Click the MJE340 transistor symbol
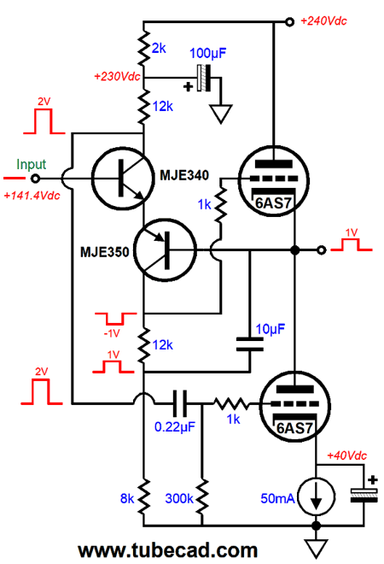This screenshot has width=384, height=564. point(123,178)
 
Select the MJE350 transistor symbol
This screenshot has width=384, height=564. point(166,250)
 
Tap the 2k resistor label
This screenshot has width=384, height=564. point(159,48)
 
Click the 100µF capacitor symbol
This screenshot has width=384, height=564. point(204,78)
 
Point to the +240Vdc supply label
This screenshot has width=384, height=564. point(323,21)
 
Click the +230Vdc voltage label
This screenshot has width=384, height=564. point(117,77)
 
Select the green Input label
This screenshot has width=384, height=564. point(32,164)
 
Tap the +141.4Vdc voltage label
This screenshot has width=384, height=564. point(32,196)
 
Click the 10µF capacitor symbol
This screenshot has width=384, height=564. point(250,344)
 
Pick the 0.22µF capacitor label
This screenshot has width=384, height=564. point(175,427)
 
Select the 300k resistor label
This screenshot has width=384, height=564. point(179,498)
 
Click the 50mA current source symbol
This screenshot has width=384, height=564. point(317,496)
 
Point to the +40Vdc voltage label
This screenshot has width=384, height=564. point(346,455)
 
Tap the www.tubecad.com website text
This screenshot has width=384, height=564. point(168,550)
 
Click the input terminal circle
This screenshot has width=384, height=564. point(35,178)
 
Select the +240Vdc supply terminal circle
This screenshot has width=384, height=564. point(289,22)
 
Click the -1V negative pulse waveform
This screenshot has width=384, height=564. point(115,319)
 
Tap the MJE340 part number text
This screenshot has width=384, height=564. point(184,175)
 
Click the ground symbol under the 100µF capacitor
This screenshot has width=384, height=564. point(221,114)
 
